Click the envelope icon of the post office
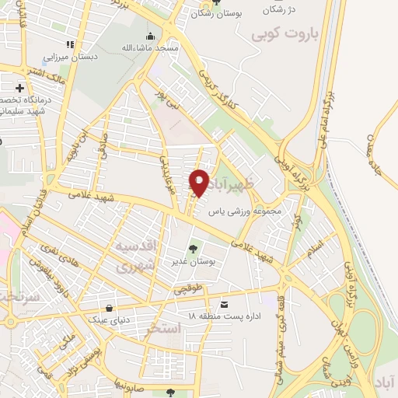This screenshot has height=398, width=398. pyautogui.click(x=225, y=303)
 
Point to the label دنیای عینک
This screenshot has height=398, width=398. pyautogui.click(x=109, y=319)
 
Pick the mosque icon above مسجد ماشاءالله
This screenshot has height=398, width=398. pyautogui.click(x=151, y=36)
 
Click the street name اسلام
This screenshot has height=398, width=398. pyautogui.click(x=314, y=251)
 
